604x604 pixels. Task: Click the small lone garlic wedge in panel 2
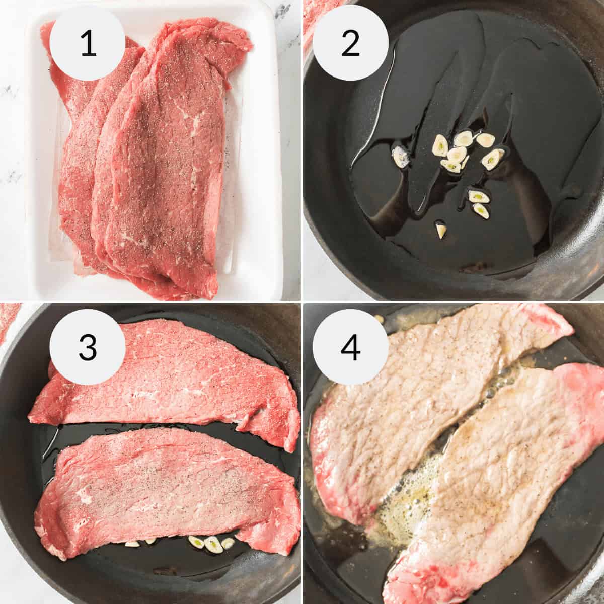(441, 231)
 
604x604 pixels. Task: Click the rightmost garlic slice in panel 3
(228, 543)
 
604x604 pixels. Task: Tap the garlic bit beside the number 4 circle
(379, 318)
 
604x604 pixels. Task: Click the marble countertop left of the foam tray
(13, 151)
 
